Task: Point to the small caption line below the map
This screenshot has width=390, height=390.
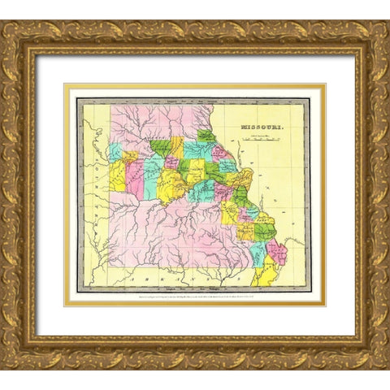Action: click(x=195, y=297)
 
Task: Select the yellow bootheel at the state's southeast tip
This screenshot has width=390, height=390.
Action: click(x=266, y=276)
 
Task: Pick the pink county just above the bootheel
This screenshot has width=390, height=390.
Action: click(x=277, y=252)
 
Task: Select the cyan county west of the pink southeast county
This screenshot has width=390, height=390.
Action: click(x=258, y=253)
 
